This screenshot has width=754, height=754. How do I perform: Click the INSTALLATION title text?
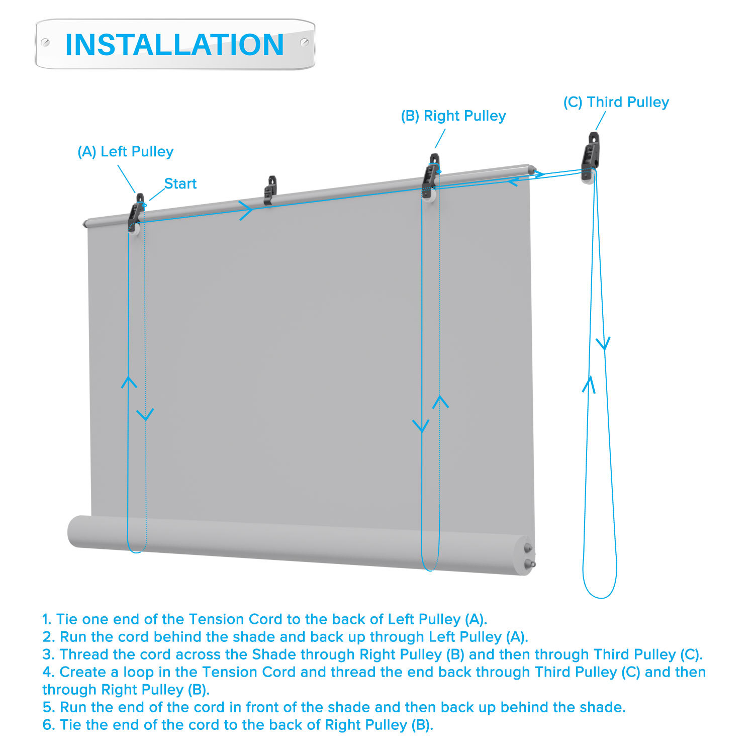[x=174, y=44]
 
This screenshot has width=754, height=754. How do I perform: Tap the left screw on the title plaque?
[x=45, y=43]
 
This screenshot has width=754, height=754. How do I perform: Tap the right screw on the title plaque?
[x=305, y=42]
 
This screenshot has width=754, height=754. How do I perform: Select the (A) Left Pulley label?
[x=125, y=151]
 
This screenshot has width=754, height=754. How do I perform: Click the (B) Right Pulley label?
[x=453, y=116]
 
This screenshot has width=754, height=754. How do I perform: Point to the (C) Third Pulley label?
[x=616, y=102]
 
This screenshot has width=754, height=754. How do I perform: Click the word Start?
[x=180, y=183]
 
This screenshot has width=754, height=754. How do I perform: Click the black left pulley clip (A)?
[x=136, y=213]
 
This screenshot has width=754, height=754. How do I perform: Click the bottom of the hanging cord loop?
[x=600, y=598]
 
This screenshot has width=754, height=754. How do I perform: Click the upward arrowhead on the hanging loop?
[x=589, y=384]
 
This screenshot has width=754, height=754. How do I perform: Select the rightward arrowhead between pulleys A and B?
[x=246, y=210]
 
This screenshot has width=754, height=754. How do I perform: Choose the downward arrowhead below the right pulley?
[x=421, y=426]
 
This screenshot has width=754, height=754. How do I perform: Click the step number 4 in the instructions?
[x=47, y=672]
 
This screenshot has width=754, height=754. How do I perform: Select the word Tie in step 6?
[x=71, y=725]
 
